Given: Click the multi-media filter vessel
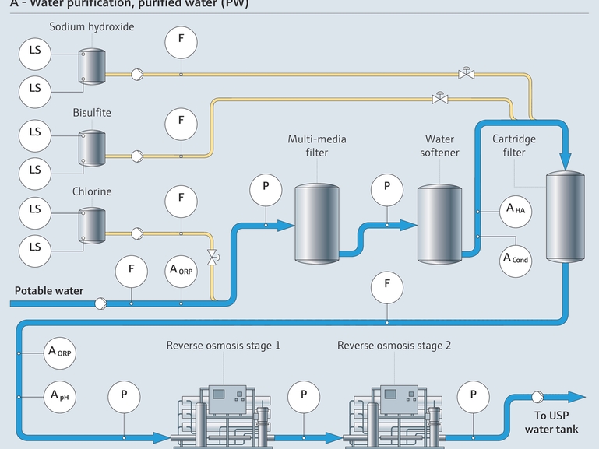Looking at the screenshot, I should [x=315, y=223].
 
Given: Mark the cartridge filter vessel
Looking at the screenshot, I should [x=564, y=218].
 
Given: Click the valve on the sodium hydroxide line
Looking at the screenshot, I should [x=467, y=73].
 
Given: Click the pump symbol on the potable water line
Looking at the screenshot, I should [x=100, y=303].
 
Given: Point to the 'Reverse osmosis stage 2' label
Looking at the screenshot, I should [x=394, y=345].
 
